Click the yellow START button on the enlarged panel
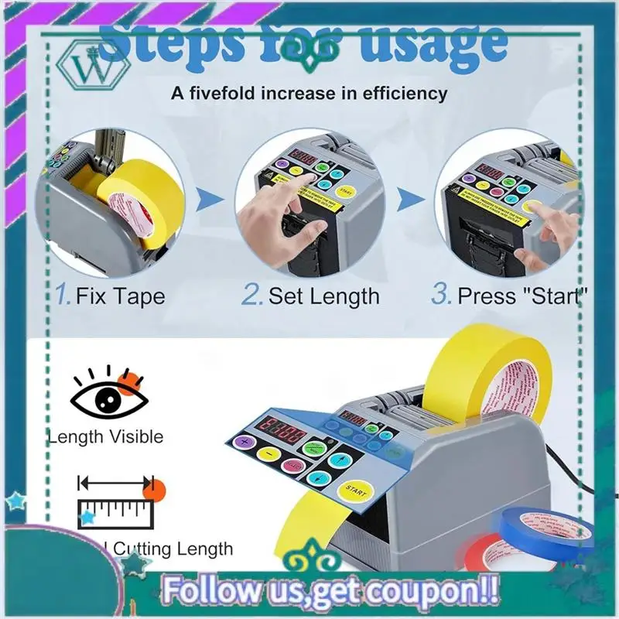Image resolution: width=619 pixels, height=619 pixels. [x=357, y=488]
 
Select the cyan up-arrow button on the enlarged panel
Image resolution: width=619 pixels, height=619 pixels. [x=338, y=460]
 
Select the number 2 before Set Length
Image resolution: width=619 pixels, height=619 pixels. [x=251, y=295]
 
